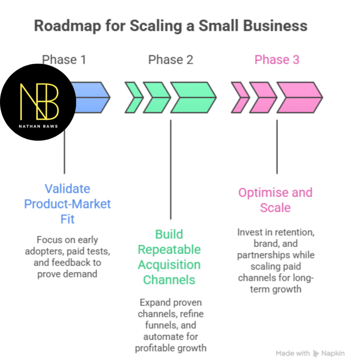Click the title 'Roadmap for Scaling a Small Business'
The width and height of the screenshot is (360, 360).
(x=171, y=26)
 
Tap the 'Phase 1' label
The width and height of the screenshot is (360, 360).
(x=64, y=60)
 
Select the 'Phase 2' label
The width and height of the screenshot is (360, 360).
(x=171, y=60)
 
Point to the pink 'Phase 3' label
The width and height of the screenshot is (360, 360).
(x=277, y=60)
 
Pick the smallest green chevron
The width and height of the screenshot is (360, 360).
(x=133, y=97)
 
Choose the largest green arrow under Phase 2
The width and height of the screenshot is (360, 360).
(x=193, y=97)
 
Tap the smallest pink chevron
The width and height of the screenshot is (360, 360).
(x=239, y=97)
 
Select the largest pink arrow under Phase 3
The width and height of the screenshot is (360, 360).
(x=299, y=97)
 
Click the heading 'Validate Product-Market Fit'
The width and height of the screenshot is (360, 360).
(x=67, y=204)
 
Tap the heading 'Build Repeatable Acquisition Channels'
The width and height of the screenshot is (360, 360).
(x=169, y=257)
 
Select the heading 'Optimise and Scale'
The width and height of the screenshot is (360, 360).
(x=275, y=200)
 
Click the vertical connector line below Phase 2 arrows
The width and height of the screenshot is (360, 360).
(x=171, y=169)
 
